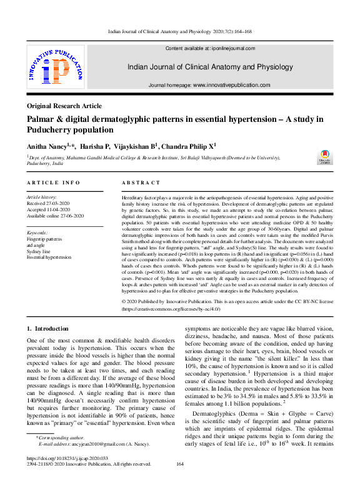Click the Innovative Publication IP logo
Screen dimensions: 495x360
(x=56, y=69)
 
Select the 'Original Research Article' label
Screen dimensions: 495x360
(x=64, y=106)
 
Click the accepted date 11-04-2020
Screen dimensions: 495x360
(x=59, y=209)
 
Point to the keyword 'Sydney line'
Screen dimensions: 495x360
(x=41, y=251)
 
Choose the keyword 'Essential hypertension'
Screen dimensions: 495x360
(x=49, y=257)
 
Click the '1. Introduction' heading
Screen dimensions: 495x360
(x=47, y=328)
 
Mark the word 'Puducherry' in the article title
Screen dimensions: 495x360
(x=55, y=130)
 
